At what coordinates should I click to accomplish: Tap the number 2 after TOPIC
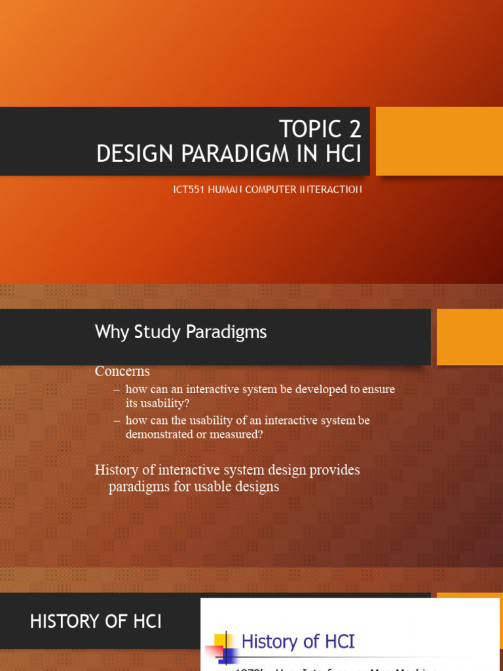[x=352, y=129]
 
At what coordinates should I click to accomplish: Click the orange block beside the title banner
[x=439, y=141]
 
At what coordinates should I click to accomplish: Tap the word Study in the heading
[x=158, y=332]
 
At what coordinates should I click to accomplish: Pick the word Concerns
[x=122, y=371]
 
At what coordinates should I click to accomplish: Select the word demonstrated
[x=159, y=434]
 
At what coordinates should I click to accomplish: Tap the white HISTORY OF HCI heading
[x=96, y=622]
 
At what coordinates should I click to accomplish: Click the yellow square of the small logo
[x=220, y=640]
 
